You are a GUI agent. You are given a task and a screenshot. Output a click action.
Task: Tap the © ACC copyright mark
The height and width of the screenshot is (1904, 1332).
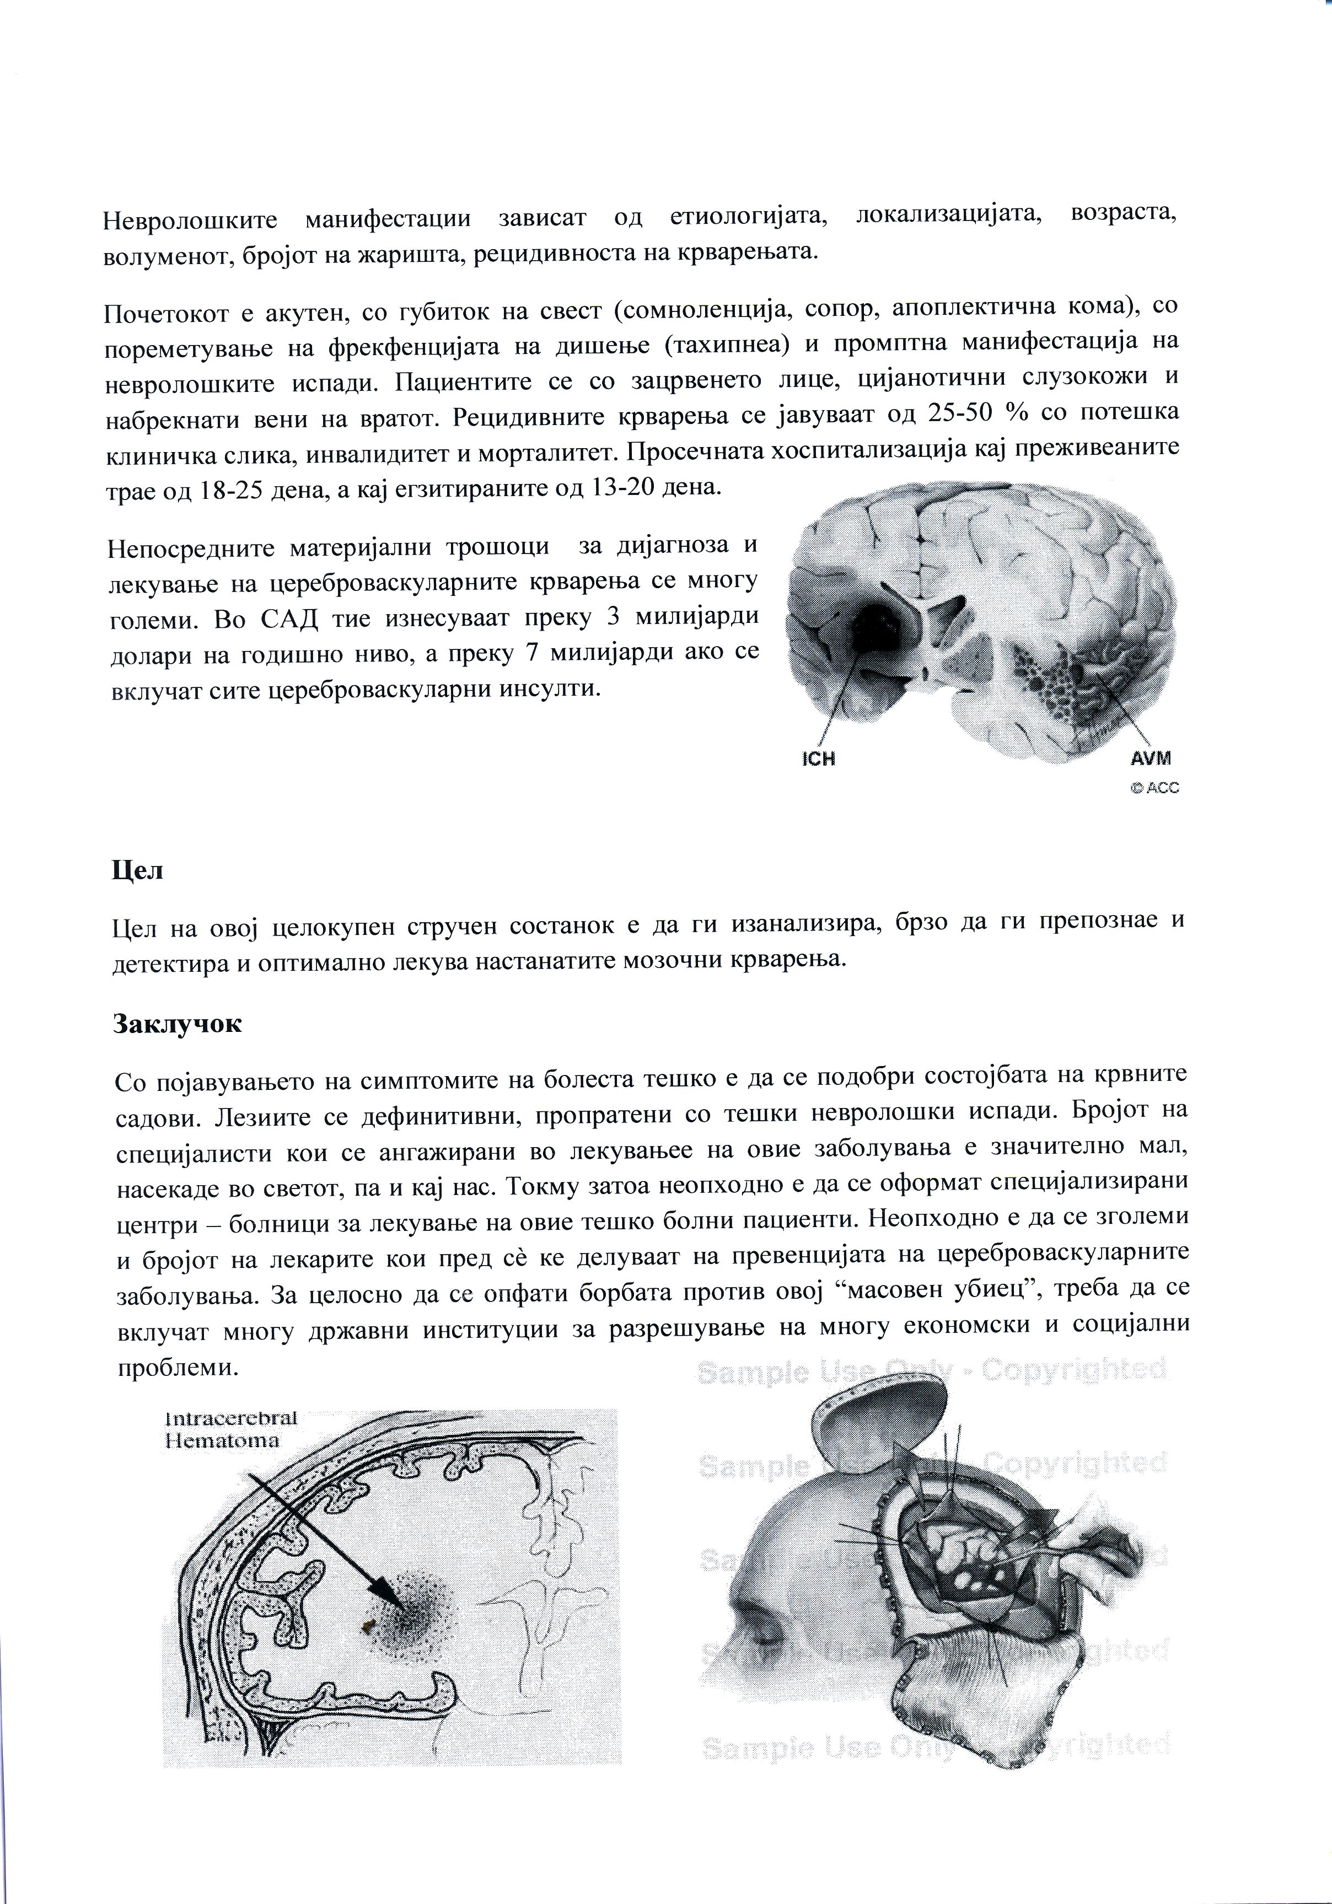[x=1154, y=788]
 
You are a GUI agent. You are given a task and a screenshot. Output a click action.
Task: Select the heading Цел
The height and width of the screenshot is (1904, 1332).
[x=137, y=871]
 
